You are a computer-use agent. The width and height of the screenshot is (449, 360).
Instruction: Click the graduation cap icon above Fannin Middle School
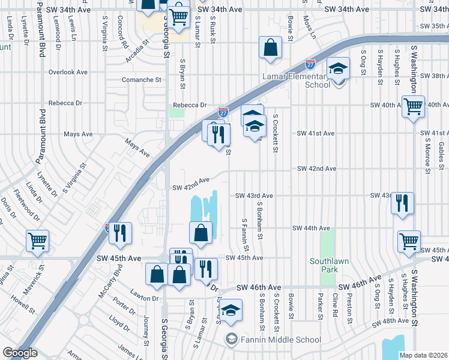pyautogui.click(x=229, y=311)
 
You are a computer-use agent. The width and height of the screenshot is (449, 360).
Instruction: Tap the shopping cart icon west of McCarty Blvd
pyautogui.click(x=37, y=241)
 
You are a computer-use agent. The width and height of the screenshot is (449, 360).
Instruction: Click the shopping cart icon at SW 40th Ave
pyautogui.click(x=412, y=107)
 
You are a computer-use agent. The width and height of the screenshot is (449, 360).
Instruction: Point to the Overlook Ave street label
pyautogui.click(x=68, y=72)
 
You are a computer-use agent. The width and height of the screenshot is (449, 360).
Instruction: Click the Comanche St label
pyautogui.click(x=142, y=79)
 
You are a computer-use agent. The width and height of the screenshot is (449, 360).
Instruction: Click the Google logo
pyautogui.click(x=20, y=353)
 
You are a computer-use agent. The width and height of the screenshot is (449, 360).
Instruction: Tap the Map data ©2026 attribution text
pyautogui.click(x=423, y=355)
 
